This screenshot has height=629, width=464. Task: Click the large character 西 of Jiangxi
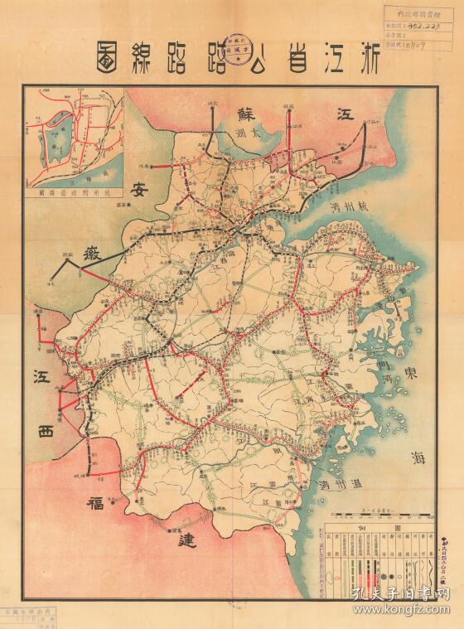(x=46, y=431)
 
